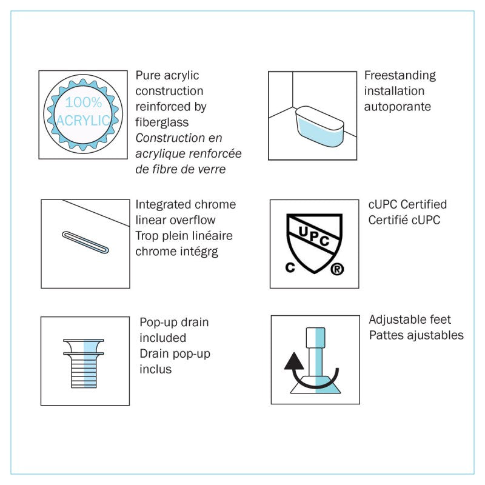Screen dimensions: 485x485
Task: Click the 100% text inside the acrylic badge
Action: tap(84, 102)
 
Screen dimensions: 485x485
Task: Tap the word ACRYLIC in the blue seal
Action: tap(83, 121)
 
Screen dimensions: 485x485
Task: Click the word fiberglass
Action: tap(162, 122)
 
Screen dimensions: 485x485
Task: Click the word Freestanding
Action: tap(400, 75)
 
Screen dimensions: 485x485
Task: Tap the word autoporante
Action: tap(398, 107)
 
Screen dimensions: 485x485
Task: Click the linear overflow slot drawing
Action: tap(85, 242)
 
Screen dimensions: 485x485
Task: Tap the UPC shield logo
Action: tap(314, 244)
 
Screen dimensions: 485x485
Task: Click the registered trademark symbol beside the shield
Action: tap(337, 269)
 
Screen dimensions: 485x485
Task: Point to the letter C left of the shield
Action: tap(290, 267)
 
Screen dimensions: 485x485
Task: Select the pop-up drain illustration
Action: tap(84, 363)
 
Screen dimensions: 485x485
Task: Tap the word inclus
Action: tap(155, 369)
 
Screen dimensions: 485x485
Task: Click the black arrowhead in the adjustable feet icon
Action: tap(294, 361)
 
